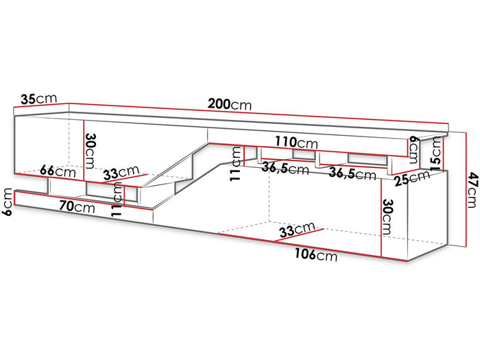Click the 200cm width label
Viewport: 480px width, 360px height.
click(x=230, y=104)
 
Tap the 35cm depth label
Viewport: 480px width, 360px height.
click(x=39, y=99)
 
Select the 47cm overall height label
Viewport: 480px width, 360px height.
click(x=472, y=190)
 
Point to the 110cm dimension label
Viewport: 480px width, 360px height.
click(x=296, y=143)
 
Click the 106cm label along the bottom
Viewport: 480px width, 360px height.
click(x=316, y=254)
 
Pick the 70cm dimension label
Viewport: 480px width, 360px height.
click(x=77, y=207)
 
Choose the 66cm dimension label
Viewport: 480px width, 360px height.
click(x=58, y=171)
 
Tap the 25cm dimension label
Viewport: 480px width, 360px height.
click(x=412, y=178)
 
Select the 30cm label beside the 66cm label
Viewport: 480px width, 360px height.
click(x=90, y=151)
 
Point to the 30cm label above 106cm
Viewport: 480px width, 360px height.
click(x=387, y=217)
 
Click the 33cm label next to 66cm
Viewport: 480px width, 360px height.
click(x=121, y=173)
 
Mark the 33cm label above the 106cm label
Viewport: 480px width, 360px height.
click(x=297, y=230)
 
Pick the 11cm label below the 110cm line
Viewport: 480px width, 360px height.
click(x=236, y=163)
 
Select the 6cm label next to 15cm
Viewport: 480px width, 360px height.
click(x=413, y=149)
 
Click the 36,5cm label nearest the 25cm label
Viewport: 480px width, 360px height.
click(x=352, y=173)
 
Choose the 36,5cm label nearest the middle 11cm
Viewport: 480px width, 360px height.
click(x=285, y=169)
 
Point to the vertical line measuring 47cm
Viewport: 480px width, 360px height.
click(x=466, y=189)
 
